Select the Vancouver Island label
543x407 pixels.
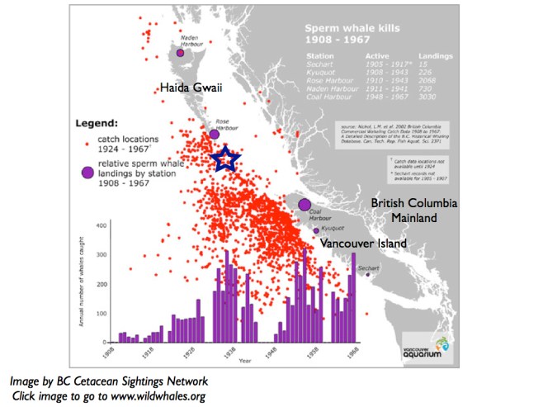[x=363, y=244]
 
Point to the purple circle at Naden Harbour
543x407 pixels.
[x=181, y=51]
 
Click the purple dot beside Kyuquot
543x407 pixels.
[x=315, y=230]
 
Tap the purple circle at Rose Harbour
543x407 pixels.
[x=215, y=133]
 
